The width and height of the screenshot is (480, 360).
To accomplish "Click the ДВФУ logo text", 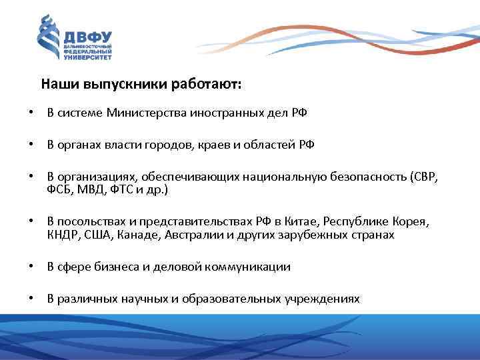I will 88,37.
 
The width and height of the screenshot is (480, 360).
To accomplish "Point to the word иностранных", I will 226,114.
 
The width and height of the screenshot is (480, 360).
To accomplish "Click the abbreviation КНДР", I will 61,235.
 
